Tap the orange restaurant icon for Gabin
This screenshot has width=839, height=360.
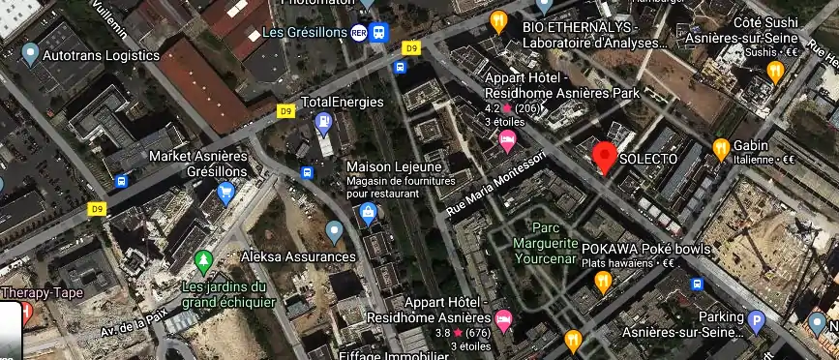pyautogui.click(x=721, y=148)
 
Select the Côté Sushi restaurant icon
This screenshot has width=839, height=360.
pyautogui.click(x=775, y=71)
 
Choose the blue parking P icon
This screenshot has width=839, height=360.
pyautogui.click(x=757, y=320)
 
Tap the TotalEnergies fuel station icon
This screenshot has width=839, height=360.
pyautogui.click(x=322, y=123)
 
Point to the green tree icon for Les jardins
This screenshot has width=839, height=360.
pyautogui.click(x=203, y=261)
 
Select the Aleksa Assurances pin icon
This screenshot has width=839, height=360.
pyautogui.click(x=335, y=231)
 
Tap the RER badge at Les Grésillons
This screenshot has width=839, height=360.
pyautogui.click(x=359, y=32)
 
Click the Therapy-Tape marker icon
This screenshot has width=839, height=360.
pyautogui.click(x=25, y=311)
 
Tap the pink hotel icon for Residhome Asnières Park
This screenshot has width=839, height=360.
pyautogui.click(x=506, y=141)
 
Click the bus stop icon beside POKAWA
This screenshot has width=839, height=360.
pyautogui.click(x=697, y=285)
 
